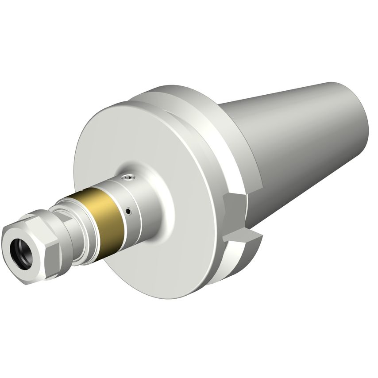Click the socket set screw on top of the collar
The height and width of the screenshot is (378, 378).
pos(128,177)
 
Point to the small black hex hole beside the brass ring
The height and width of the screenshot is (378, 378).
pos(129,212)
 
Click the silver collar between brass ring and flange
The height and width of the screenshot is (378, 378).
pos(142,199)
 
